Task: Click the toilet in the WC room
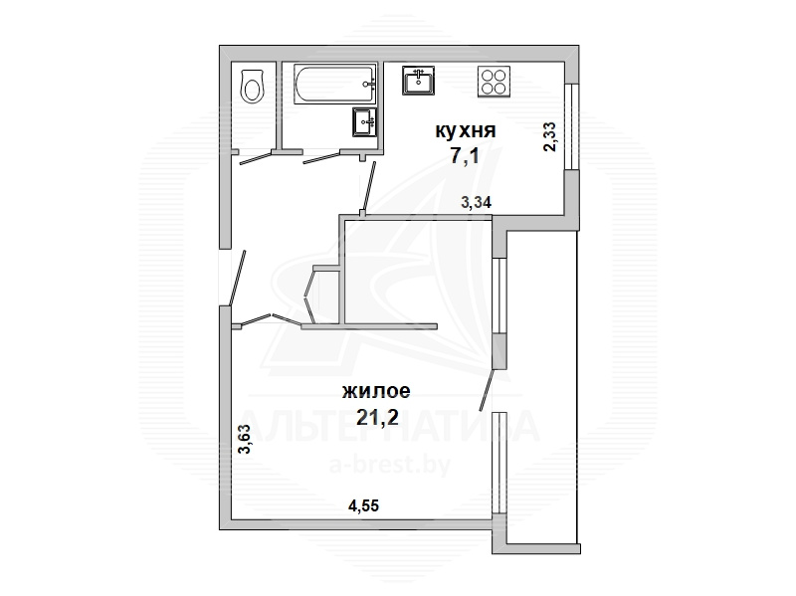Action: [x=253, y=87]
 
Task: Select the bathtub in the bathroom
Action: [x=335, y=84]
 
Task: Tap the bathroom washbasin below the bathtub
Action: [x=365, y=121]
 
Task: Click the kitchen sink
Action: [x=418, y=81]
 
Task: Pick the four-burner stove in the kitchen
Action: [x=494, y=82]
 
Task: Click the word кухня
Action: [x=465, y=131]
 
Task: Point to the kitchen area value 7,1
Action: [x=465, y=156]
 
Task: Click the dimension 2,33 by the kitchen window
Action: [x=550, y=137]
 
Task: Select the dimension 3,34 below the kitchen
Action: [x=476, y=203]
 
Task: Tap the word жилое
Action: [x=376, y=391]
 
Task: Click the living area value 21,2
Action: [x=377, y=417]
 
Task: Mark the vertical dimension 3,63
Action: [x=245, y=439]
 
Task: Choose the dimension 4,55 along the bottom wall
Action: [x=363, y=505]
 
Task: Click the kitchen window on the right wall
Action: [x=571, y=126]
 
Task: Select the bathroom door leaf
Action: [x=321, y=158]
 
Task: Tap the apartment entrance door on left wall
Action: [x=238, y=279]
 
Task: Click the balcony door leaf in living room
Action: [x=487, y=390]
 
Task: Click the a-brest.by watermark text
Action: [x=390, y=465]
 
